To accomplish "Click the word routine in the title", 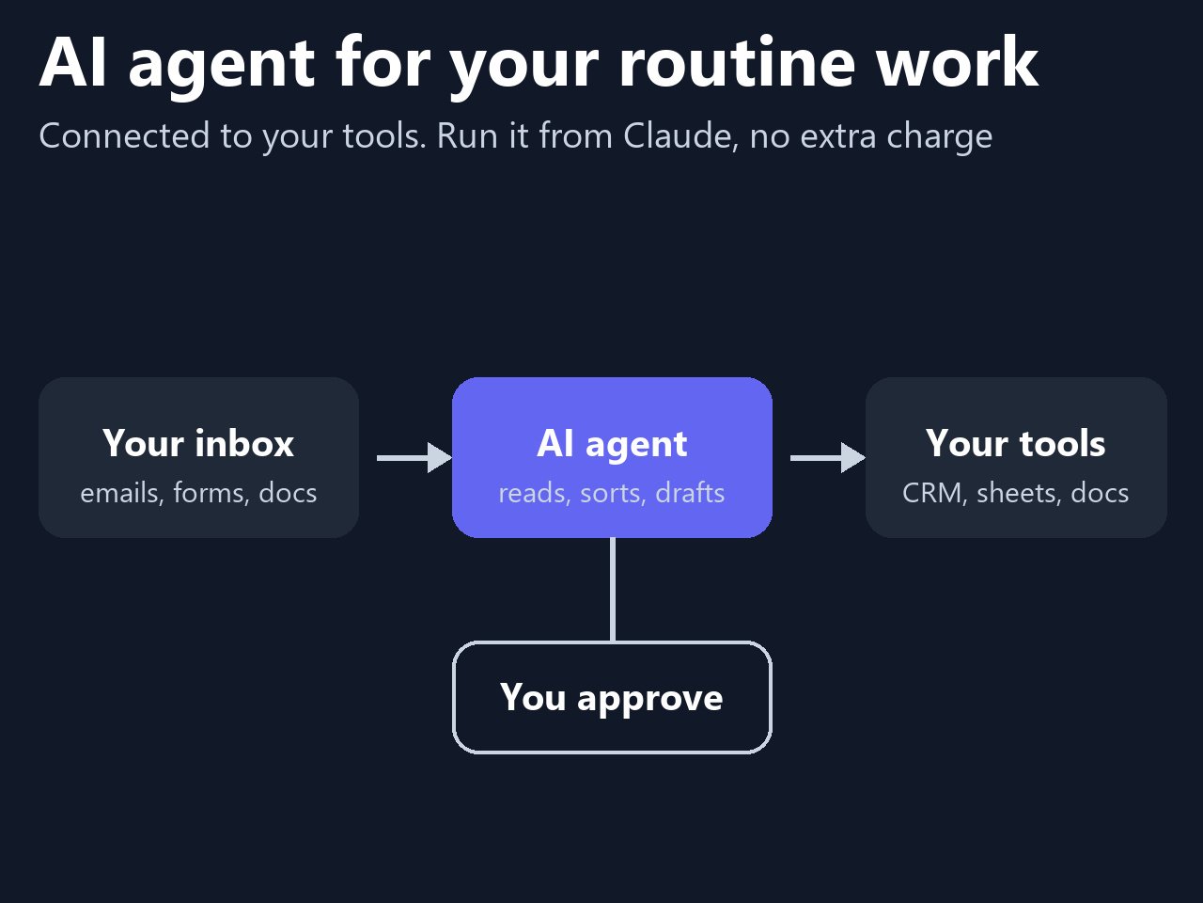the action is coord(737,61).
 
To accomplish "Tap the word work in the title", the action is coord(957,60).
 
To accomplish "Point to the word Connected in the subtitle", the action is coord(124,135).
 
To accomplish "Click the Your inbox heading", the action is coord(198,443).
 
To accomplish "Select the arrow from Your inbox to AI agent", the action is coord(414,457).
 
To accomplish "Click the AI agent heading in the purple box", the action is coord(612,445).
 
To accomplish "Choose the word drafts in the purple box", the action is coord(690,493).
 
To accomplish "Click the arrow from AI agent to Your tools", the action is coord(828,457).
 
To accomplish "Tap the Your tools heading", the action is coord(1016,443).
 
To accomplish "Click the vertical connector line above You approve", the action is coord(612,590).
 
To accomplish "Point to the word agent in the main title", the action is coord(222,66).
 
